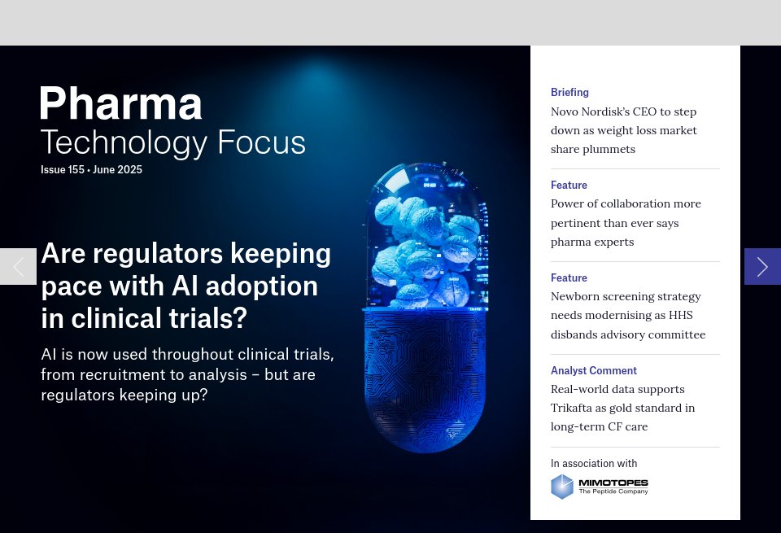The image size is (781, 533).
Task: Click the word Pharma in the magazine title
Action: point(121,104)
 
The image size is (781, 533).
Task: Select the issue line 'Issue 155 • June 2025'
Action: point(91,170)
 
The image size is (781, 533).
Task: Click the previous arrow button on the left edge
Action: point(18,266)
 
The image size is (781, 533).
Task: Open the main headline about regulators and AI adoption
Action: point(185,286)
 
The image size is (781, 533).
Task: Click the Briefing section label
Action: point(569,93)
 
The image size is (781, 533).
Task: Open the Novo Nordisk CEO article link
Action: point(624,130)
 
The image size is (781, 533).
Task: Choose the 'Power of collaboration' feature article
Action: point(626,223)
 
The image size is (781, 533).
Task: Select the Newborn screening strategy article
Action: point(627,316)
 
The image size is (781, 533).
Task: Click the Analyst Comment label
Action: point(594,371)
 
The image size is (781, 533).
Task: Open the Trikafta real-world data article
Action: point(622,408)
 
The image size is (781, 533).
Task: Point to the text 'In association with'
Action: point(594,464)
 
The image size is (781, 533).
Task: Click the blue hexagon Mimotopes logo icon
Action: point(562,487)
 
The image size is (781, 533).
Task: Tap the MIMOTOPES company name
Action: point(613,483)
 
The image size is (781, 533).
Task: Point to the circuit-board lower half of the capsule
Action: point(424,374)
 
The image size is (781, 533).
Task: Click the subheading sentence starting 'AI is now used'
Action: point(187,374)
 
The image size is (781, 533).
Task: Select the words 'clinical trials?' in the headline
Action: point(144,318)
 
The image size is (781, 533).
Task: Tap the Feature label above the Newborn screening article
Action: point(569,278)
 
